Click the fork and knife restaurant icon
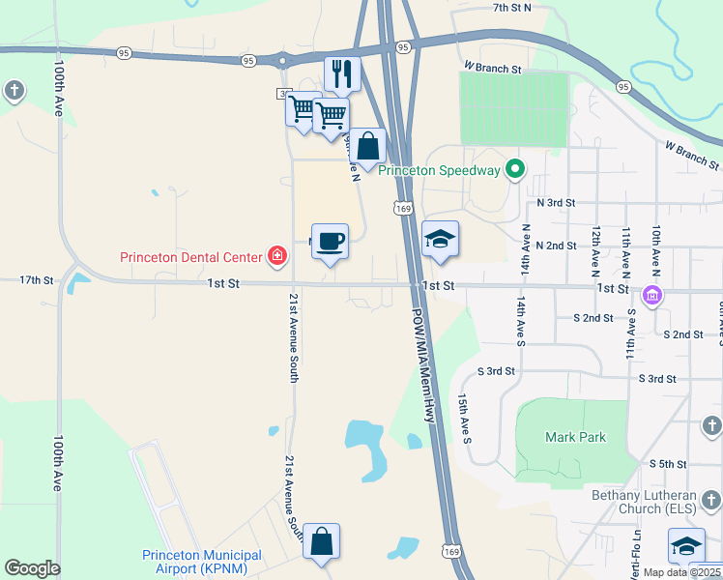click(341, 72)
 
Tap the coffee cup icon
click(330, 241)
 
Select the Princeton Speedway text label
click(439, 171)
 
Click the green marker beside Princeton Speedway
click(515, 170)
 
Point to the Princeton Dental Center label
click(190, 257)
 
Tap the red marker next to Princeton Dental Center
click(277, 256)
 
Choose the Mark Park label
click(575, 437)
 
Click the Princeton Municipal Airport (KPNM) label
click(201, 561)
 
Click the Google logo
click(32, 568)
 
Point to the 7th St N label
click(512, 8)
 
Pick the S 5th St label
click(668, 464)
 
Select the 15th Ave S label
click(465, 417)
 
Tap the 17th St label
click(37, 279)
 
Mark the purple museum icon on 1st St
click(652, 295)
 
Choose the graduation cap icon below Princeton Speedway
click(440, 239)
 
